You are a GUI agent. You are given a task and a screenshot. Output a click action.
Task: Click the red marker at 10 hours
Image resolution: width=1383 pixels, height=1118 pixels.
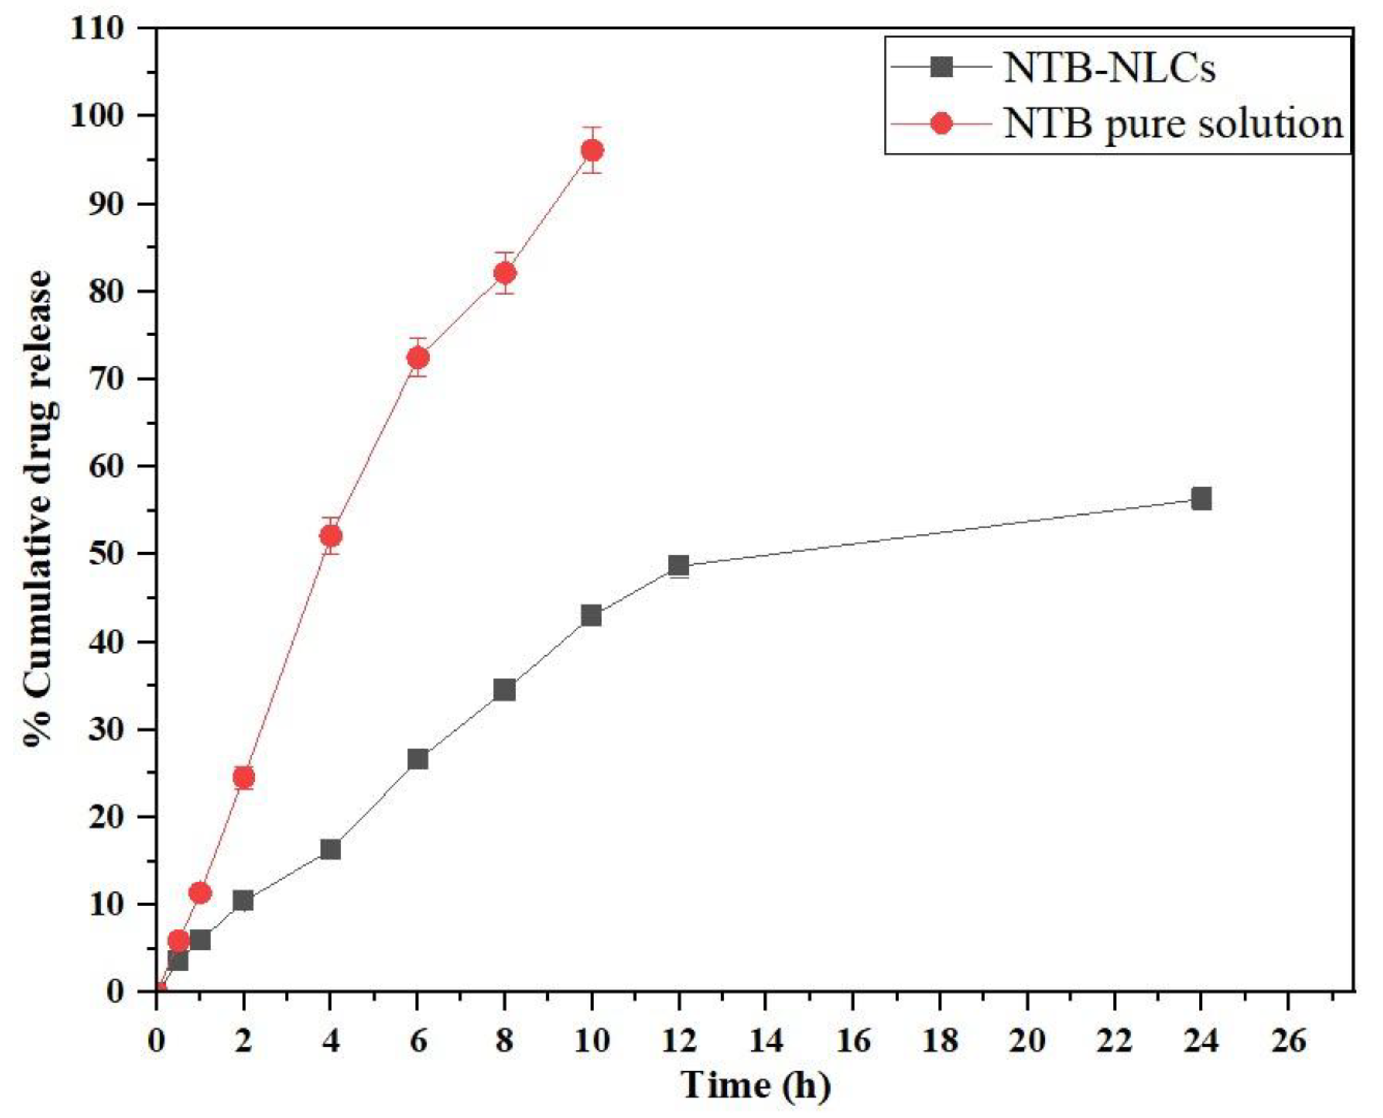592,150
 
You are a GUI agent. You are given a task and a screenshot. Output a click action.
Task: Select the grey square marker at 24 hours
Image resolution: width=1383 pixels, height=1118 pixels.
1201,499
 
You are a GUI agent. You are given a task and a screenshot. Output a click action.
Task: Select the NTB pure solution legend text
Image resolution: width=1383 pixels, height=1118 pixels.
1173,123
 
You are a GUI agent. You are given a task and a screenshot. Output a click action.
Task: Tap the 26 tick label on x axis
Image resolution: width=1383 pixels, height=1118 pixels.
1288,1041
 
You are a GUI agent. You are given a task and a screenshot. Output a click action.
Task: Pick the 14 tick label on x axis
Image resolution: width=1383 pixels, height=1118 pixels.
766,1041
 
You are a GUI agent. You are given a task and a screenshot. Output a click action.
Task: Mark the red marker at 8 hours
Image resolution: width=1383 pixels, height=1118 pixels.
505,274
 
